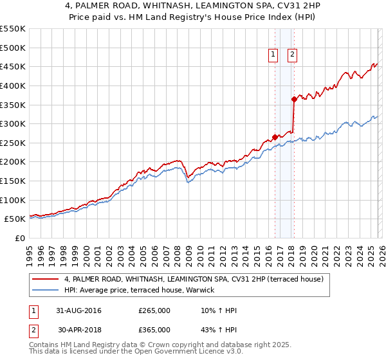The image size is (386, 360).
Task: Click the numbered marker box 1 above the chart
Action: [x=273, y=55]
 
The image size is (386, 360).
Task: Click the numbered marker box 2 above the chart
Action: [x=292, y=55]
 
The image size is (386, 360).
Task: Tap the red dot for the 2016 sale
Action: [x=275, y=137]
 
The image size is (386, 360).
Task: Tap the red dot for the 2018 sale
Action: [x=294, y=99]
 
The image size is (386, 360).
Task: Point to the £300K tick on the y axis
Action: [x=13, y=123]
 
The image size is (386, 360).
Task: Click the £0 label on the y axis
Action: [x=21, y=238]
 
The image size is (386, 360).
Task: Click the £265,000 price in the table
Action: [x=154, y=310]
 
